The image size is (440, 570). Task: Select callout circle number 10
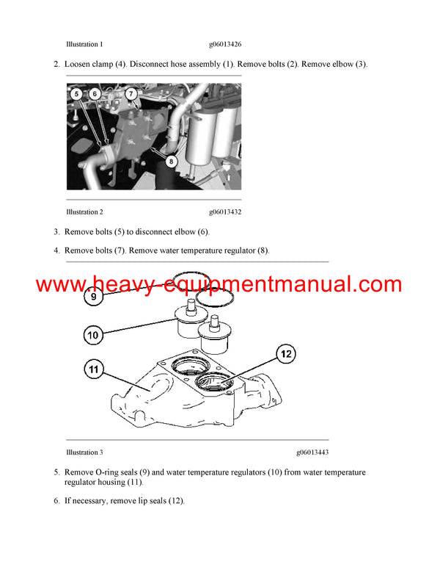click(92, 335)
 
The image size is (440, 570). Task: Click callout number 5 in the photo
click(78, 94)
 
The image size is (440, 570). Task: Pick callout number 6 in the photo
click(95, 94)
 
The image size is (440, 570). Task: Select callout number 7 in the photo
click(130, 94)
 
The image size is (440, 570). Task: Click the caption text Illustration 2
click(84, 212)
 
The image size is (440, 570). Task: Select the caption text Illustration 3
click(84, 452)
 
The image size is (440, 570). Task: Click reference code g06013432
click(225, 212)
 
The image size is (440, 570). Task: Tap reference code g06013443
click(312, 452)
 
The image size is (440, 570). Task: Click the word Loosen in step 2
click(78, 65)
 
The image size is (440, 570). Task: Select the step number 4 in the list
click(56, 251)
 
